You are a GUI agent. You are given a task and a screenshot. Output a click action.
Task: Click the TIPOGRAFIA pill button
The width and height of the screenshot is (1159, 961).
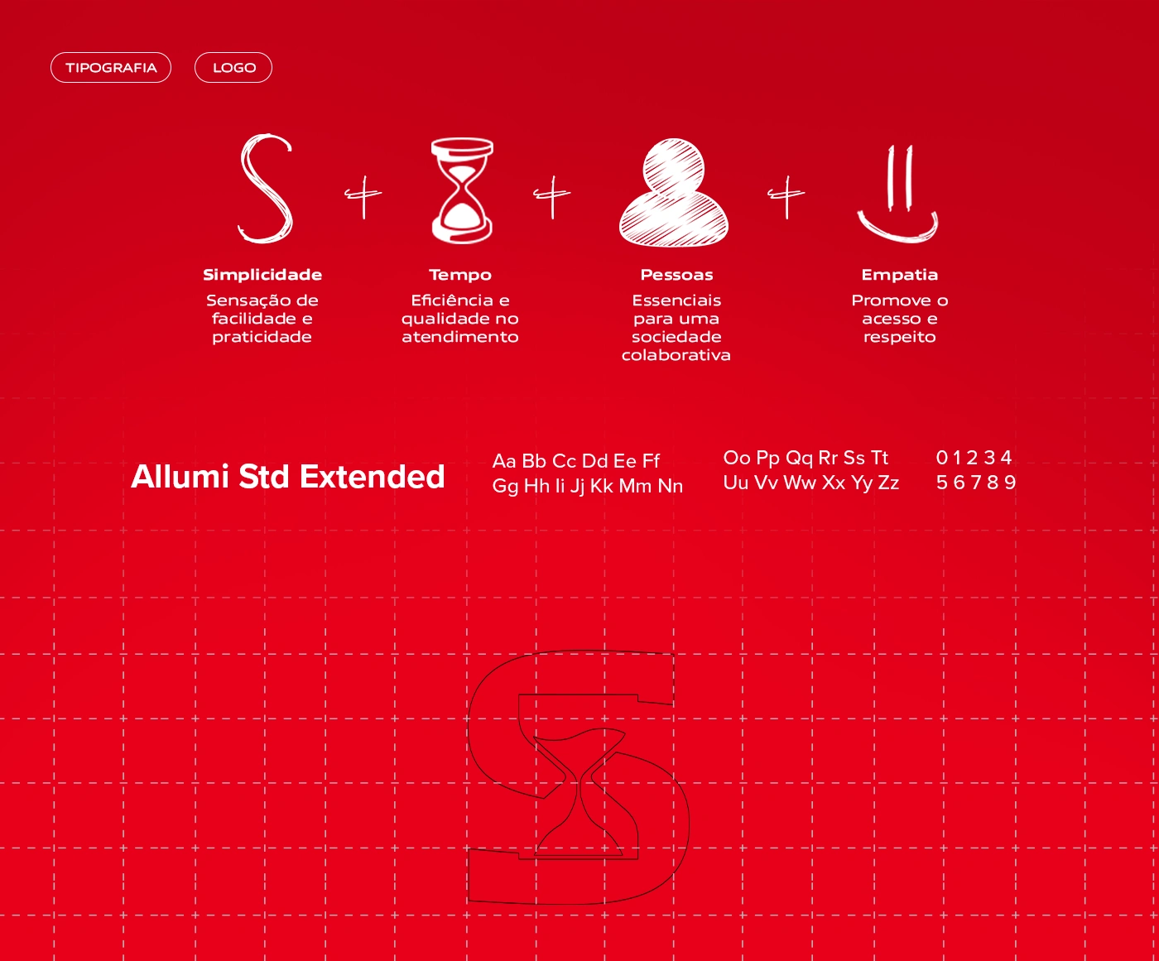point(110,68)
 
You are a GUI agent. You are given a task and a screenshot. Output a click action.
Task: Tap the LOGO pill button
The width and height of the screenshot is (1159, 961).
point(233,68)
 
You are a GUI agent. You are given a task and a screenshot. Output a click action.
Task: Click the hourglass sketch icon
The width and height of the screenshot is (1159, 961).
point(462,190)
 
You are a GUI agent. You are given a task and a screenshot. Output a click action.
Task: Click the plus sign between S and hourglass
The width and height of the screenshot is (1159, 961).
point(363,195)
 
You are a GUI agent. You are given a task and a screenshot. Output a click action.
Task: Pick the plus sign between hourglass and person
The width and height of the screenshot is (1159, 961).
point(551,195)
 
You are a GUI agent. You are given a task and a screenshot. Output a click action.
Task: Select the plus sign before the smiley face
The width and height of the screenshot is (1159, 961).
point(786,195)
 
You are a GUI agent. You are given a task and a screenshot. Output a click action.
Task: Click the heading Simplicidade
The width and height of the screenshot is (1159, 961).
point(262,275)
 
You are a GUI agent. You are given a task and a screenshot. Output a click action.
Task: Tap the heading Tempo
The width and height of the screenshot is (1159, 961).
point(460,276)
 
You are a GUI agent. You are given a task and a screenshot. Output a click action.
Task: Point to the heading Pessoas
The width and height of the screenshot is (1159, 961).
point(676,275)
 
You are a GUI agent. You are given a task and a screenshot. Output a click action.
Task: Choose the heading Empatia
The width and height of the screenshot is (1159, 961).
point(900,276)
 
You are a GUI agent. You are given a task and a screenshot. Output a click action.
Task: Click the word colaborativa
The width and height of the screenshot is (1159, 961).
point(676,355)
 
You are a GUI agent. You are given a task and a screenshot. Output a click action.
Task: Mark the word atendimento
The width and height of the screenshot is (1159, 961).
point(460,337)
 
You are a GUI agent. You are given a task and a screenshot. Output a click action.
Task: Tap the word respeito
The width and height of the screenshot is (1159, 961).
point(900,338)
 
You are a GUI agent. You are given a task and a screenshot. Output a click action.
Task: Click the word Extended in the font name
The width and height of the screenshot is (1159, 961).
point(372,477)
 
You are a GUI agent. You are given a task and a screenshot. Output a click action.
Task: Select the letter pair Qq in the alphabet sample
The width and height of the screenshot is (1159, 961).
point(800,459)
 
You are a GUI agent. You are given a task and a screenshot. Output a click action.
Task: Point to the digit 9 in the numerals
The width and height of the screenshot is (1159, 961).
point(1010,482)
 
